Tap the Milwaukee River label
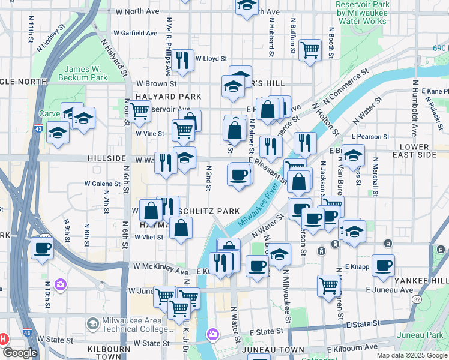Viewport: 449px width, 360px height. pyautogui.click(x=258, y=206)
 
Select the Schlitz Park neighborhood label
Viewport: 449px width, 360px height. pyautogui.click(x=214, y=211)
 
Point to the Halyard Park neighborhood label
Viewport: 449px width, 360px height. pyautogui.click(x=159, y=97)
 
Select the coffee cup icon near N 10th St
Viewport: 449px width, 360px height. pyautogui.click(x=42, y=247)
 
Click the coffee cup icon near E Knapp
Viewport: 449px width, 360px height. pyautogui.click(x=383, y=265)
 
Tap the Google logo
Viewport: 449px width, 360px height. pyautogui.click(x=20, y=353)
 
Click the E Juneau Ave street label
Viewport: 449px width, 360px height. pyautogui.click(x=390, y=290)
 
